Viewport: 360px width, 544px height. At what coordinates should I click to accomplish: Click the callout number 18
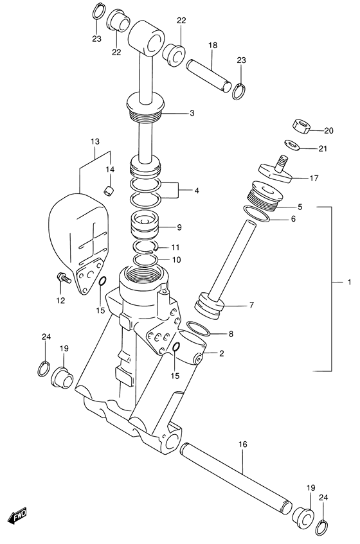tap(213, 46)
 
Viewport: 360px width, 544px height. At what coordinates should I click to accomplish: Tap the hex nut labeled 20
tap(301, 125)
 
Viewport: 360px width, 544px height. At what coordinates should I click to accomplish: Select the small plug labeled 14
tap(109, 189)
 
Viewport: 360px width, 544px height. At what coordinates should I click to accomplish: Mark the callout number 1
tap(348, 283)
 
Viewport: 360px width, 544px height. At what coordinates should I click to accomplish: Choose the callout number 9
tap(179, 227)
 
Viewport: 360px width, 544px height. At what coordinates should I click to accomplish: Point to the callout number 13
tap(94, 141)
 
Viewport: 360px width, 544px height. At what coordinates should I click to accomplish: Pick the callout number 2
tap(222, 353)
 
